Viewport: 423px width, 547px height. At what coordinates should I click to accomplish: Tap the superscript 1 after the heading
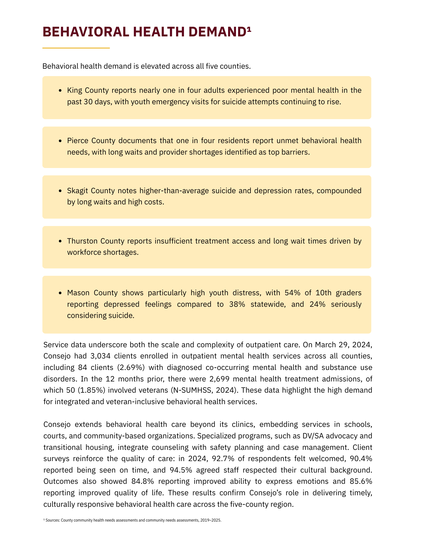(x=248, y=28)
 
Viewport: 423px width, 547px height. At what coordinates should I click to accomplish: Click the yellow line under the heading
(x=76, y=48)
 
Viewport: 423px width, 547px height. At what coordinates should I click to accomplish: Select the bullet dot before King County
(x=60, y=90)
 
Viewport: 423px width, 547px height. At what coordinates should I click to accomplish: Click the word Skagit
(x=78, y=190)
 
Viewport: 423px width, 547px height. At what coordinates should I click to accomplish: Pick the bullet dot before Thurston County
(x=60, y=241)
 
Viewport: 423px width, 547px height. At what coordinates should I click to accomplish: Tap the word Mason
(x=78, y=293)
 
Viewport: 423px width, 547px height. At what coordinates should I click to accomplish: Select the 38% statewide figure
(x=237, y=304)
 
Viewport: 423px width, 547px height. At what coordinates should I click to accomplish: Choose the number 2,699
(x=220, y=379)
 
